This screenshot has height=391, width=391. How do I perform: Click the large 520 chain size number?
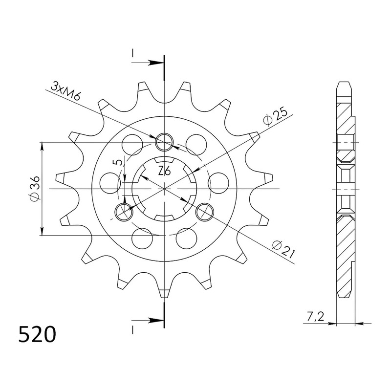tap(37, 334)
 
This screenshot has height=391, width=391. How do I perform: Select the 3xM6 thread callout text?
tap(65, 90)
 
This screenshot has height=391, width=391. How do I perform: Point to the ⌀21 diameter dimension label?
tap(283, 248)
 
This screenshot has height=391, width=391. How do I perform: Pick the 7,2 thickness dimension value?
tap(315, 317)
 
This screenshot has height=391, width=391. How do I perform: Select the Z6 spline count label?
tap(164, 172)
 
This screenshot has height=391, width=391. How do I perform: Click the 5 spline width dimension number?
tap(119, 162)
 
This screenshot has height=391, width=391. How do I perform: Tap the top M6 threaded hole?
tap(164, 142)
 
